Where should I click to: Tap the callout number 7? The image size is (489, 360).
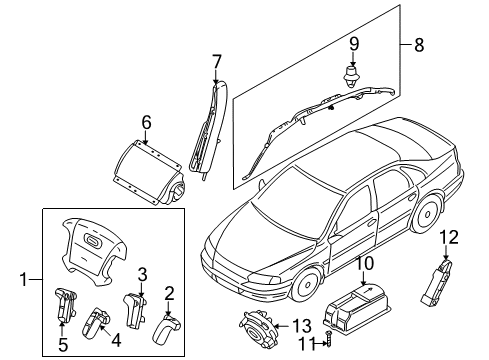pyautogui.click(x=216, y=62)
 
